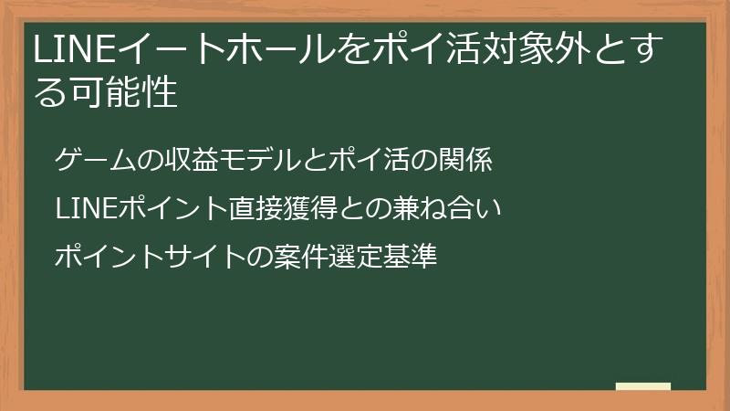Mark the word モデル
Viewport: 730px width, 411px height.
(x=252, y=161)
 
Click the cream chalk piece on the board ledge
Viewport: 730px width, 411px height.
(x=643, y=386)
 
